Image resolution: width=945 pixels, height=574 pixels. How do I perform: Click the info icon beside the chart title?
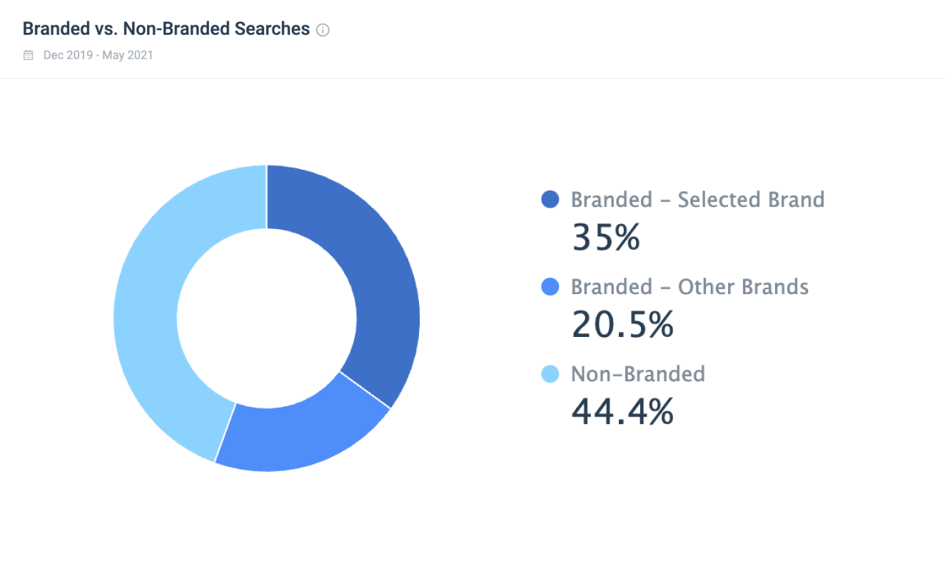click(x=323, y=30)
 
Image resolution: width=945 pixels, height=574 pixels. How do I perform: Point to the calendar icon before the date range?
click(x=29, y=55)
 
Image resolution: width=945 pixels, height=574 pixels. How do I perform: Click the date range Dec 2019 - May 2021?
click(x=98, y=55)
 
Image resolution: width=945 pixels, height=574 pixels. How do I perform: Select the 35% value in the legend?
click(x=605, y=237)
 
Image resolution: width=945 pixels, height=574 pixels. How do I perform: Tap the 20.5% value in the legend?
click(x=622, y=325)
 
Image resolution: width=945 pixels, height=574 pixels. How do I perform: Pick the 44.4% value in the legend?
click(x=622, y=412)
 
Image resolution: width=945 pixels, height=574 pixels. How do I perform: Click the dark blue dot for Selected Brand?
click(x=550, y=200)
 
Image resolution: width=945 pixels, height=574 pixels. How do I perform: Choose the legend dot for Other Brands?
click(x=550, y=288)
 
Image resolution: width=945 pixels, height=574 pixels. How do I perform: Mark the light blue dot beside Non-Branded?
click(x=550, y=374)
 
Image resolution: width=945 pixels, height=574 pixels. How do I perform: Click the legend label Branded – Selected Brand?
click(x=697, y=200)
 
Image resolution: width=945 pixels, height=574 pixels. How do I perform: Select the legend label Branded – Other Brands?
click(x=689, y=288)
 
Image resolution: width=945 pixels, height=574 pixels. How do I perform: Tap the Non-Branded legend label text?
click(x=637, y=374)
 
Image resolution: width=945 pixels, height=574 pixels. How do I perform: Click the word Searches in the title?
click(x=275, y=29)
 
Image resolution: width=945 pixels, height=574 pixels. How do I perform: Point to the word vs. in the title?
click(x=104, y=29)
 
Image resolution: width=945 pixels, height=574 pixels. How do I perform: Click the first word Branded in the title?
click(x=54, y=29)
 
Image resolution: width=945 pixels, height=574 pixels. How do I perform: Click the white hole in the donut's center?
click(x=266, y=318)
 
